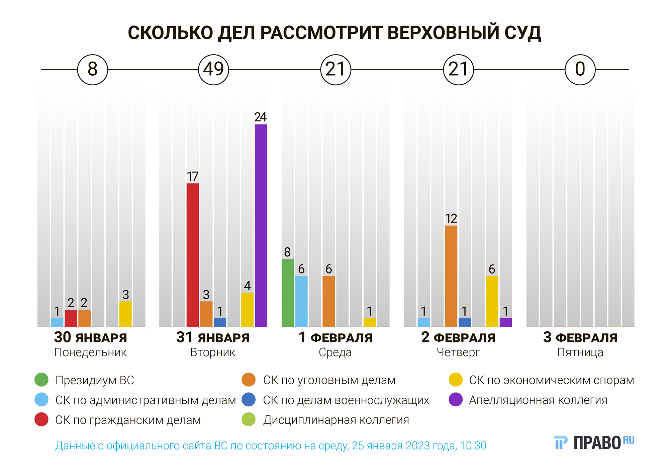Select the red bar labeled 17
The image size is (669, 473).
pyautogui.click(x=193, y=255)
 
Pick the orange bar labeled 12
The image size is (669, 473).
pyautogui.click(x=451, y=276)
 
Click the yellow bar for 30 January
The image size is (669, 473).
pyautogui.click(x=125, y=314)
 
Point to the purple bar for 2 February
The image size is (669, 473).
pyautogui.click(x=505, y=322)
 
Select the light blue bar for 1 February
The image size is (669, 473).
pyautogui.click(x=301, y=301)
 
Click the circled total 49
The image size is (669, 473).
pyautogui.click(x=213, y=70)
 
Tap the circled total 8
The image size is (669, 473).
pyautogui.click(x=92, y=70)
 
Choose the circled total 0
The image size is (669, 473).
pyautogui.click(x=580, y=70)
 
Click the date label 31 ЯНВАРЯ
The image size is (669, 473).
pyautogui.click(x=213, y=337)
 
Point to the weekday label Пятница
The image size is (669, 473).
pyautogui.click(x=580, y=352)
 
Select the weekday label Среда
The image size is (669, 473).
pyautogui.click(x=335, y=352)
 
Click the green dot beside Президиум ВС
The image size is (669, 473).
pyautogui.click(x=41, y=380)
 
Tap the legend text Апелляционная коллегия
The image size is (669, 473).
pyautogui.click(x=538, y=400)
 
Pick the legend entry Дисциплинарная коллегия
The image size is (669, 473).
pyautogui.click(x=336, y=420)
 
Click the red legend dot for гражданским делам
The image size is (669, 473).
pyautogui.click(x=41, y=419)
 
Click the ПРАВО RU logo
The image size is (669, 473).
pyautogui.click(x=594, y=443)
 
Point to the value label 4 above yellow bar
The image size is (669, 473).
pyautogui.click(x=247, y=286)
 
